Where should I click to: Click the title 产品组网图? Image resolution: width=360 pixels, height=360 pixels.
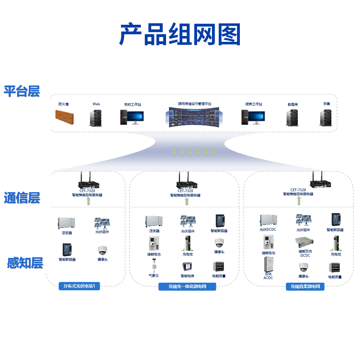click(x=180, y=35)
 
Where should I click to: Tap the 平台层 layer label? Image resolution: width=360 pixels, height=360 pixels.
click(x=22, y=91)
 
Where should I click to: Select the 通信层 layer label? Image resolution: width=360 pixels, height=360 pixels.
click(x=22, y=198)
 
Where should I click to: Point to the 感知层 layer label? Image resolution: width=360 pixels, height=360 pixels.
click(x=25, y=263)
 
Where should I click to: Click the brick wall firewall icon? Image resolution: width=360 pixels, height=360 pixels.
click(x=64, y=117)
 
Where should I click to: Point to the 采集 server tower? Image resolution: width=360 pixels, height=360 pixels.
click(x=326, y=117)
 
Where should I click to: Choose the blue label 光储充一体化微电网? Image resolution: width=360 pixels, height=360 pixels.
click(x=187, y=287)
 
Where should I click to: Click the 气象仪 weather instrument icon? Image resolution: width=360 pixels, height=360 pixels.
click(x=153, y=265)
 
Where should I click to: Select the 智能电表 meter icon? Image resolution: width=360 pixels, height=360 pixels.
click(x=187, y=266)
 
